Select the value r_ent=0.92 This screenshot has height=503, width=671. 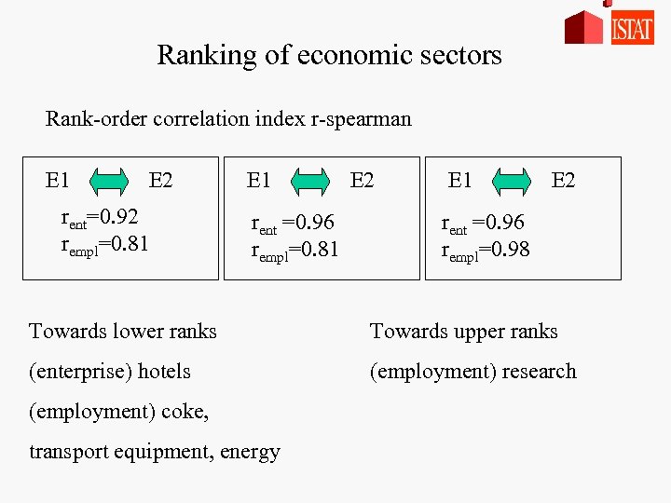[100, 220]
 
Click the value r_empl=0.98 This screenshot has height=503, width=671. [485, 249]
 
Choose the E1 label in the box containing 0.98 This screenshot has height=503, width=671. [459, 180]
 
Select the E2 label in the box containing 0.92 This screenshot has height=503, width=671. [160, 180]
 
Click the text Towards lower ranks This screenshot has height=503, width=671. [123, 332]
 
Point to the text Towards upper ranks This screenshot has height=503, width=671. [463, 332]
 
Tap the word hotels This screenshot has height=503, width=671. [166, 372]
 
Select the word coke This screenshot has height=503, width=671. [183, 412]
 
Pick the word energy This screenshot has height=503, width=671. [251, 453]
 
